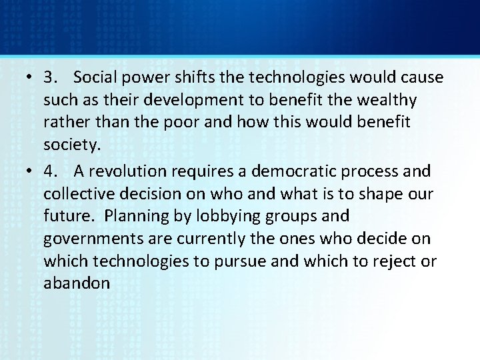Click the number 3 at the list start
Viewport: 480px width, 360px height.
coord(49,77)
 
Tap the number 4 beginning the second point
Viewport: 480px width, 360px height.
coord(49,171)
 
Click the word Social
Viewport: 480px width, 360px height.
coord(95,77)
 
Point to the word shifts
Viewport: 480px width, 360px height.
coord(193,77)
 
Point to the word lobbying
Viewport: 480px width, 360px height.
coord(224,217)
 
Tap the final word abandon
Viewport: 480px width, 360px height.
coord(77,284)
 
